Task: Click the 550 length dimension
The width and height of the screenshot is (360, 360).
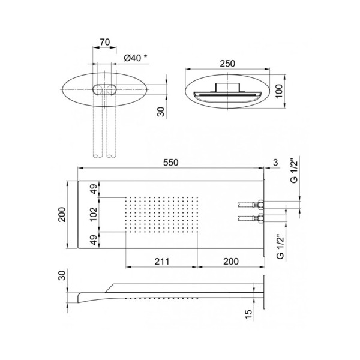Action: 170,163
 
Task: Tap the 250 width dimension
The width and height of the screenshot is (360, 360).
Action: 227,64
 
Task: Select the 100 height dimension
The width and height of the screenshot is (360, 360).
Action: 279,91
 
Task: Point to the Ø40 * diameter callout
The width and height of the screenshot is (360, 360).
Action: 136,58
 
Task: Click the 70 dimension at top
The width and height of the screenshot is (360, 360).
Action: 104,42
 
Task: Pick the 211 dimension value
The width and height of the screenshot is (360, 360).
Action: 161,262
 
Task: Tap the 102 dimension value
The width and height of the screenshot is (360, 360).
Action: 94,214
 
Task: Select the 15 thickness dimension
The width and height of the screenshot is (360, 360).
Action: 248,314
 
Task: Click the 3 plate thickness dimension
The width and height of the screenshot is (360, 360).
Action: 275,163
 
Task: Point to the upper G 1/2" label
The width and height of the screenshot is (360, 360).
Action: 294,170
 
